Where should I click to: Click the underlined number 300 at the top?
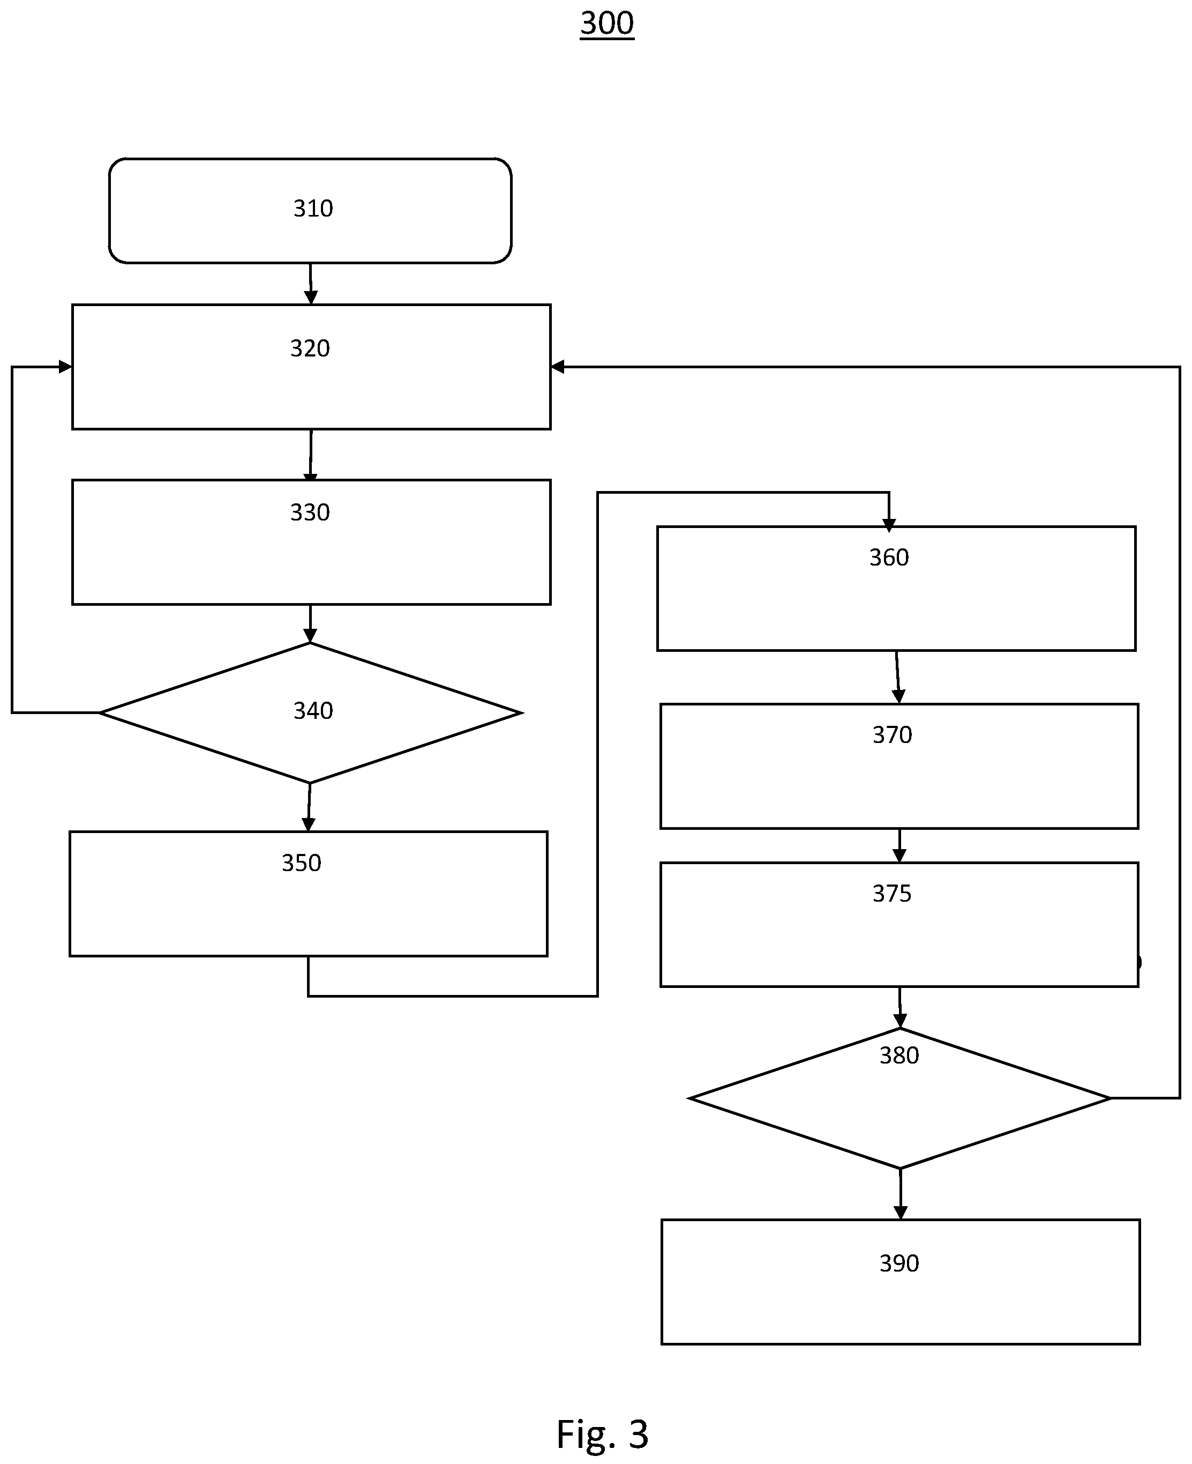(607, 24)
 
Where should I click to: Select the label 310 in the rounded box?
(313, 208)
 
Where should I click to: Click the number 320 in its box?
(310, 348)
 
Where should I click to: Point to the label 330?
(310, 512)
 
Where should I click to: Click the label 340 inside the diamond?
(313, 710)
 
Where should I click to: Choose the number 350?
(302, 863)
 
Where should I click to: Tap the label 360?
(889, 557)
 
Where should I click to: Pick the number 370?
(892, 735)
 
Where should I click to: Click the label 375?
(892, 893)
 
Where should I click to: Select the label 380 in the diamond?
(899, 1055)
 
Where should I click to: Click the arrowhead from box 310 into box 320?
(311, 298)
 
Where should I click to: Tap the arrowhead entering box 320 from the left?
(65, 367)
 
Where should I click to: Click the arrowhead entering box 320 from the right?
(558, 367)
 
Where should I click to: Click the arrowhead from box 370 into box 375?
(899, 856)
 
